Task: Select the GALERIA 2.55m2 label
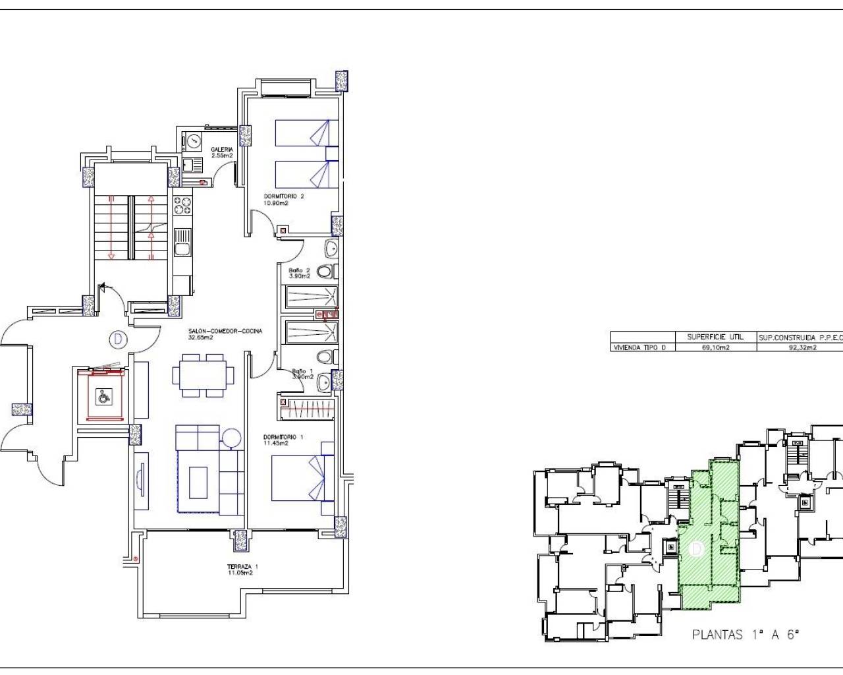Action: pos(221,152)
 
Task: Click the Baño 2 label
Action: pos(299,273)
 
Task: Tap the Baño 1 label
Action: pos(302,374)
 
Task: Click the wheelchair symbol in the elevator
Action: pos(103,397)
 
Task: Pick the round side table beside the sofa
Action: pos(232,438)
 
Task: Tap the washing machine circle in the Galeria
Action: pos(193,140)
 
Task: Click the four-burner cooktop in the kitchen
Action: pos(182,205)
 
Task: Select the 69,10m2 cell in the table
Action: pos(716,347)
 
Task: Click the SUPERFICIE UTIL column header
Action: pos(715,337)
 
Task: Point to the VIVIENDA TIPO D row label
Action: pos(635,347)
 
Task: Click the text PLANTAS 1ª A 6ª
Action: pos(746,635)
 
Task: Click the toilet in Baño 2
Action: pos(326,271)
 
